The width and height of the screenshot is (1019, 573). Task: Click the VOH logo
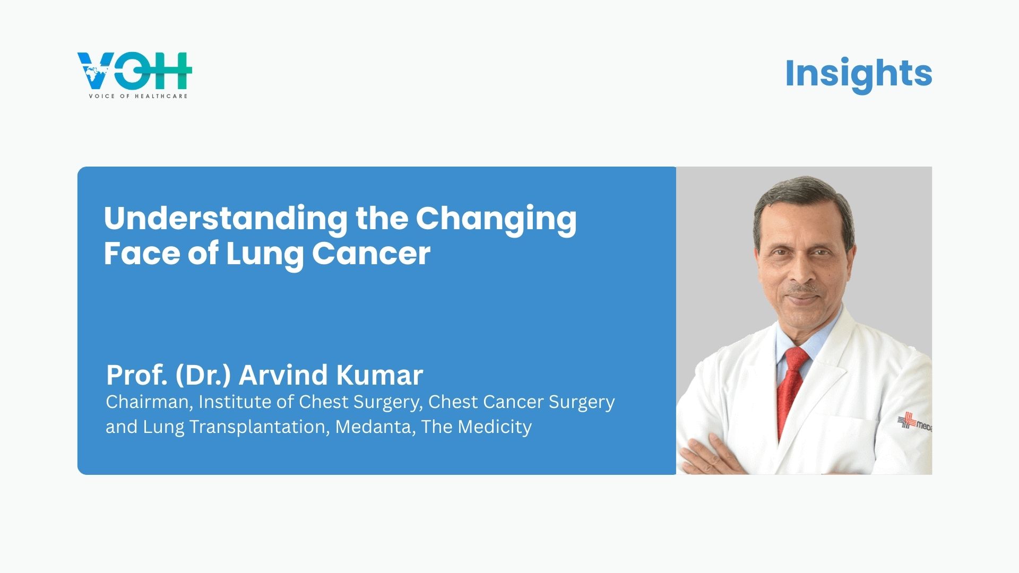click(x=134, y=75)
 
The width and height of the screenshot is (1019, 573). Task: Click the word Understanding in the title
click(x=226, y=218)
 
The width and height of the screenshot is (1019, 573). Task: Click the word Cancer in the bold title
click(x=371, y=253)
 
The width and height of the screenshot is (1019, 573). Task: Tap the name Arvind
click(x=283, y=375)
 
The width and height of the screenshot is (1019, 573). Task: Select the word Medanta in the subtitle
click(x=375, y=427)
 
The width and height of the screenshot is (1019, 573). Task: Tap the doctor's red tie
click(x=792, y=393)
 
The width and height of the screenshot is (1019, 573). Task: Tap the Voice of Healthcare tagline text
click(x=138, y=96)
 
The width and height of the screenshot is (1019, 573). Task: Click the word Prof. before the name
click(x=137, y=375)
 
